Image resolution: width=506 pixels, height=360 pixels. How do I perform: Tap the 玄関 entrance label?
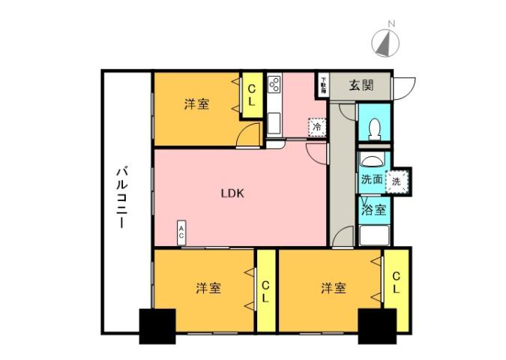(x=361, y=85)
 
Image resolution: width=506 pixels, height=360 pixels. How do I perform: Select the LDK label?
(x=232, y=193)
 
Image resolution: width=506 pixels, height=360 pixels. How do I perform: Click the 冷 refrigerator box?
(x=317, y=128)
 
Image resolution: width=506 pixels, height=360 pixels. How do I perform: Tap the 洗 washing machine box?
(x=397, y=180)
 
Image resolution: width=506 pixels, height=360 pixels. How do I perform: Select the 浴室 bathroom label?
(x=374, y=209)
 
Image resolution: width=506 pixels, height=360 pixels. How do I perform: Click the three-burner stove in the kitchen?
(x=274, y=87)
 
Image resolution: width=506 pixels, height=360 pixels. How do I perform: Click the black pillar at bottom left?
(x=157, y=326)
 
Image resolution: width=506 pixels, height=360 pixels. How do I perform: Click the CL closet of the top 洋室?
(x=252, y=94)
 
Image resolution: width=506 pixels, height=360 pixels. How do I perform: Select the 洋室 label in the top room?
(x=197, y=105)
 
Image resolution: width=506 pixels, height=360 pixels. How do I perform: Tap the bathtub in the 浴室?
(x=373, y=235)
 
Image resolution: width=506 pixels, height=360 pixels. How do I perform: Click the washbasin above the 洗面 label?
(x=372, y=160)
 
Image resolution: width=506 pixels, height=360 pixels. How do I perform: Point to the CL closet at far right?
(x=396, y=283)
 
